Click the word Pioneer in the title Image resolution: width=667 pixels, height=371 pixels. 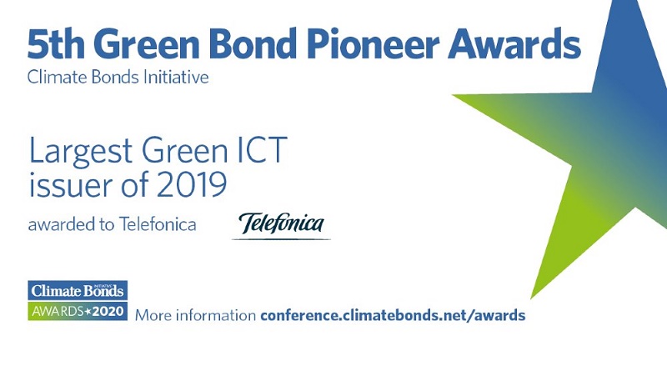tap(372, 43)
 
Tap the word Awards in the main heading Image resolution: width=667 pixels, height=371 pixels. tap(514, 43)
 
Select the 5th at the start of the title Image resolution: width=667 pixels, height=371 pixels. tap(55, 43)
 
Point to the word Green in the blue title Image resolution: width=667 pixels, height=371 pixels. tap(146, 43)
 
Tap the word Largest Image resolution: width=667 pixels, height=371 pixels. tap(81, 152)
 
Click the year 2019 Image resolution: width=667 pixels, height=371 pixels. tap(192, 184)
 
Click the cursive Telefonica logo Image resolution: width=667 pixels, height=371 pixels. tap(281, 223)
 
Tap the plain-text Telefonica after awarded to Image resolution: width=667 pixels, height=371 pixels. tap(158, 224)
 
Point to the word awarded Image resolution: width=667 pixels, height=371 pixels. tap(62, 224)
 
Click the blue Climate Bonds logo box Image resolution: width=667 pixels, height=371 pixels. tap(78, 291)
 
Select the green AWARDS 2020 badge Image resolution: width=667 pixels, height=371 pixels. tap(78, 311)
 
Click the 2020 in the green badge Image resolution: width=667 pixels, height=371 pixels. tap(108, 312)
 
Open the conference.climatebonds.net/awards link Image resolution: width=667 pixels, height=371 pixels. tap(393, 316)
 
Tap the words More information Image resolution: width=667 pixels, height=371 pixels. tap(195, 316)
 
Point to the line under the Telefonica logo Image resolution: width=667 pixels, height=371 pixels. tap(281, 239)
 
